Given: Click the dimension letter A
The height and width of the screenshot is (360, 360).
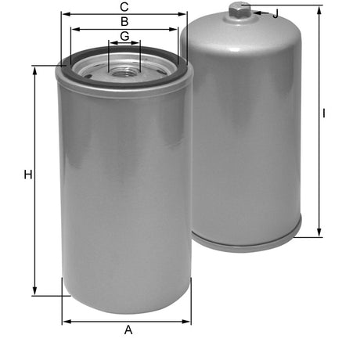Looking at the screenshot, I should point(128,329).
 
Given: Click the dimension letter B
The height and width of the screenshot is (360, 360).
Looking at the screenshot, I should point(124,21).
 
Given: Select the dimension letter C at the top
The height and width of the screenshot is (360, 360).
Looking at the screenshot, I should point(124,7).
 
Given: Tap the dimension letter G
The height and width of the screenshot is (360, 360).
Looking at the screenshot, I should point(124,37).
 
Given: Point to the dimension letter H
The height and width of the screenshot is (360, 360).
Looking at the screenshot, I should point(27,175).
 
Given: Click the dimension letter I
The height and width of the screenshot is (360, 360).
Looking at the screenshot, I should point(324,113).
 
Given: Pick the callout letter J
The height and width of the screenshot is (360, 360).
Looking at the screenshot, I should point(275,13).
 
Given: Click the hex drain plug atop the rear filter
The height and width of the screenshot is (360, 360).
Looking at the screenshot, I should point(240,10).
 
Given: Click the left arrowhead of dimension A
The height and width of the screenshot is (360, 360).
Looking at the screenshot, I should point(65,320).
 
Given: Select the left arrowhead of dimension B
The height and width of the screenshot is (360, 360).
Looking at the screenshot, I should point(73,29).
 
